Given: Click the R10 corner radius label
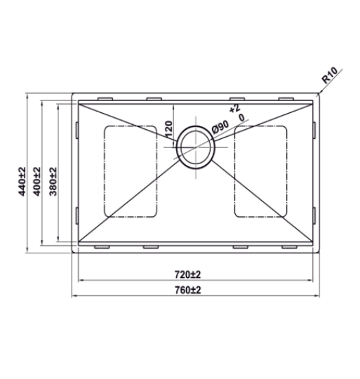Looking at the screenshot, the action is click(x=330, y=75).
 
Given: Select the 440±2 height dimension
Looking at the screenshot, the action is click(x=22, y=181).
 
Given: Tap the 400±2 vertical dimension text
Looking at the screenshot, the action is click(x=37, y=181).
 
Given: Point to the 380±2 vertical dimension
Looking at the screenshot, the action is click(x=53, y=181).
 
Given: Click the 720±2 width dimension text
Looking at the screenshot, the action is click(x=187, y=274).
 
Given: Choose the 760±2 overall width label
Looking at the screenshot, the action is click(x=188, y=290).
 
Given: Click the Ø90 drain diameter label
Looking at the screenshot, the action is click(x=220, y=127).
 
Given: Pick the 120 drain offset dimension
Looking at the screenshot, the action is click(x=168, y=128).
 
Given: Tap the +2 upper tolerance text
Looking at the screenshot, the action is click(x=234, y=109).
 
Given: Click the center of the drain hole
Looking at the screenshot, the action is click(x=196, y=147).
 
